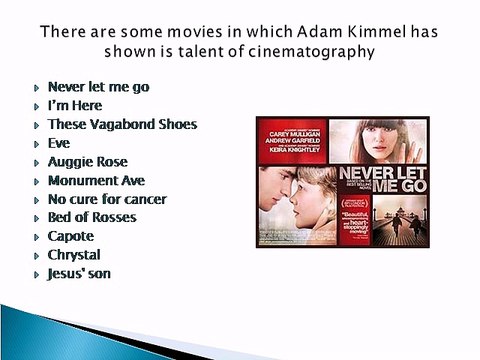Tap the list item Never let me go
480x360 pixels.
pyautogui.click(x=98, y=87)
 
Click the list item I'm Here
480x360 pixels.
pyautogui.click(x=75, y=105)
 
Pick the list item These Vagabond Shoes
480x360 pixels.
pyautogui.click(x=122, y=124)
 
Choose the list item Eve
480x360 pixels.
pyautogui.click(x=60, y=143)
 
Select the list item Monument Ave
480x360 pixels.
pyautogui.click(x=96, y=180)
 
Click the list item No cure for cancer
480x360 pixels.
pyautogui.click(x=107, y=199)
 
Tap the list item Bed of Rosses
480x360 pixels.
pyautogui.click(x=92, y=217)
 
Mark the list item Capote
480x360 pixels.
pyautogui.click(x=71, y=236)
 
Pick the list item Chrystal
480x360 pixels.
pyautogui.click(x=74, y=254)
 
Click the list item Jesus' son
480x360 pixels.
pyautogui.click(x=79, y=273)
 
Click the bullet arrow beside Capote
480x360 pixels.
pyautogui.click(x=36, y=237)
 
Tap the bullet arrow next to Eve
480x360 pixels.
pyautogui.click(x=36, y=144)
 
